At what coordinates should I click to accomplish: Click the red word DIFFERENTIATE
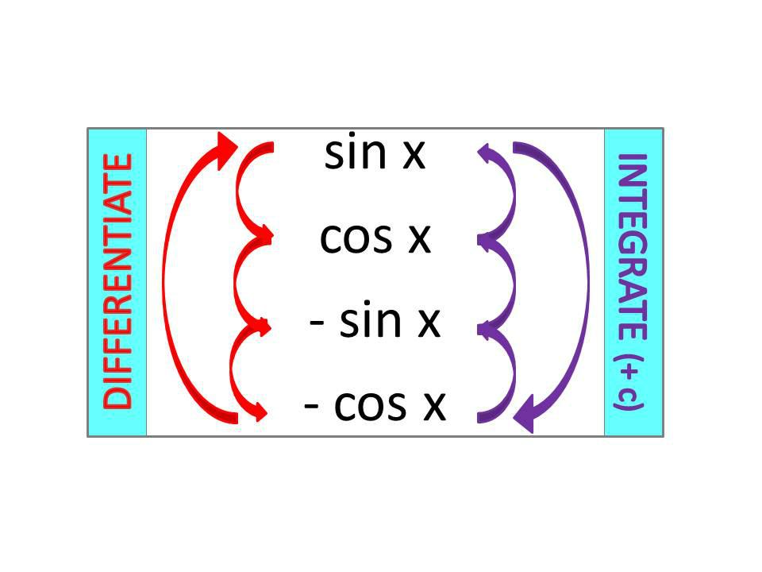117,282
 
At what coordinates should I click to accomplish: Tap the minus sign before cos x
313,406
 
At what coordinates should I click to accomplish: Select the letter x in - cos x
433,406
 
